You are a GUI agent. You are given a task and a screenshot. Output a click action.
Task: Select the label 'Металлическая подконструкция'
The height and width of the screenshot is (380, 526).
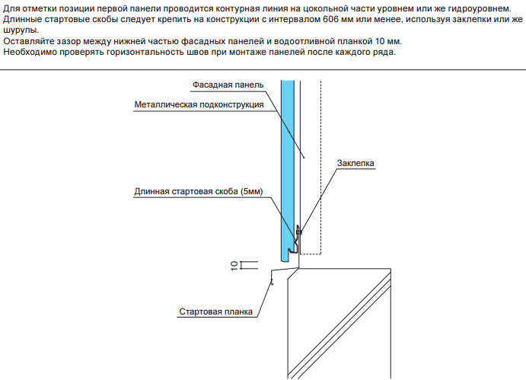(x=199, y=105)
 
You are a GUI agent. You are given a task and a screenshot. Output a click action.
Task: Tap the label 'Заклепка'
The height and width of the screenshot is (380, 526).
(x=355, y=163)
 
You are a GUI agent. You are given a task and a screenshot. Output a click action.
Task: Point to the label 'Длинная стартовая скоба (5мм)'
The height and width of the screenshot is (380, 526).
(x=198, y=192)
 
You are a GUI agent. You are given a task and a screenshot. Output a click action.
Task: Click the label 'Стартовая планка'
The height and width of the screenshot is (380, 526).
(x=216, y=311)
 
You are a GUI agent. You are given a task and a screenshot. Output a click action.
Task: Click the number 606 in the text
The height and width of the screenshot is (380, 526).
(x=324, y=19)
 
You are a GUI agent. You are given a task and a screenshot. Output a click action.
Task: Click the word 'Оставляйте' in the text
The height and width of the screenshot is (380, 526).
(x=28, y=40)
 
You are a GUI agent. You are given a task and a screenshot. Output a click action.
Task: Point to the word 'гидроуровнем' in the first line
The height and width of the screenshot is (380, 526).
(x=478, y=8)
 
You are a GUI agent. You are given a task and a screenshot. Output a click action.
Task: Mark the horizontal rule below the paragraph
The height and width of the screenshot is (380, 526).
(x=263, y=72)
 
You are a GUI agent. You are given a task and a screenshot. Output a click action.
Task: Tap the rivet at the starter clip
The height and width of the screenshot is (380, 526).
(x=299, y=231)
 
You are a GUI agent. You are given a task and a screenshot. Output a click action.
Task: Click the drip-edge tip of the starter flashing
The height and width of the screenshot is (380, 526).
(x=270, y=283)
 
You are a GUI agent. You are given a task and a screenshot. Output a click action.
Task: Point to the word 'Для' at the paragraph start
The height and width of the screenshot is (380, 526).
(x=11, y=8)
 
